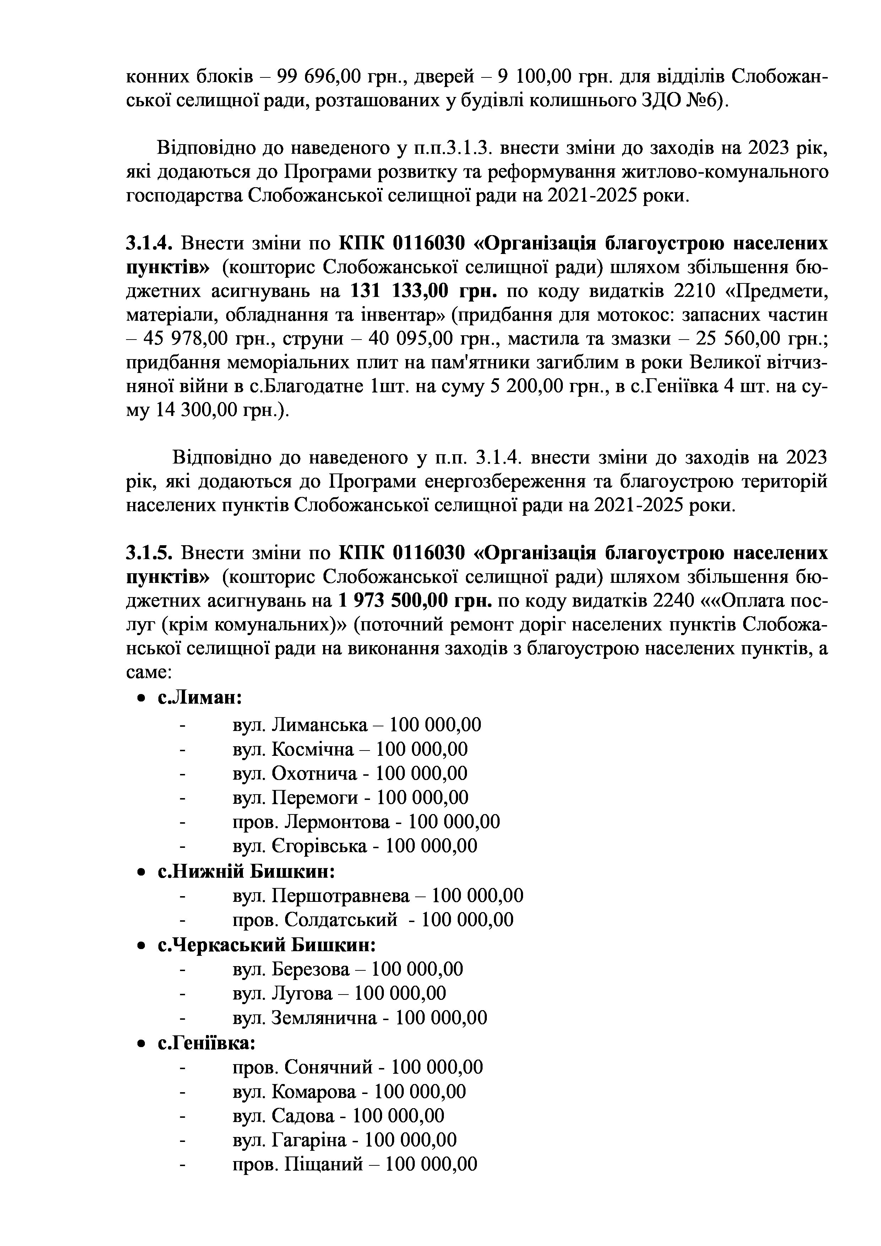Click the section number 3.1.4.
point(149,244)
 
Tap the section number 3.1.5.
point(149,553)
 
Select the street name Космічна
point(312,749)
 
